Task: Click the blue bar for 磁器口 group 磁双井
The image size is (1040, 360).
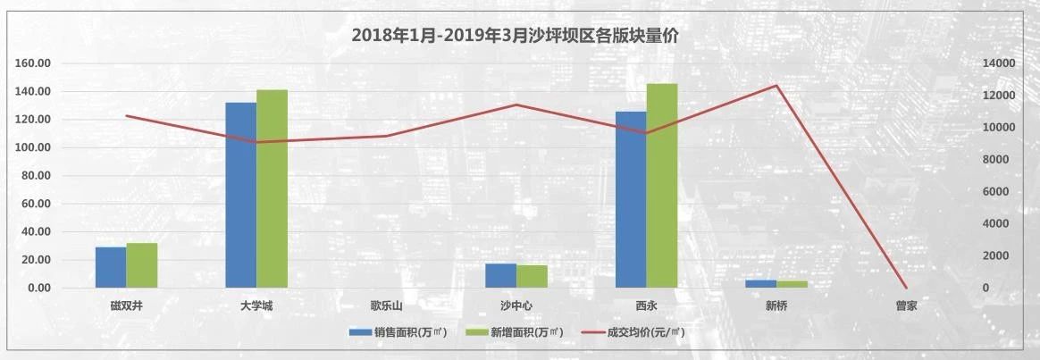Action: [x=111, y=267]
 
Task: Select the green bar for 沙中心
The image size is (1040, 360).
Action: [x=533, y=276]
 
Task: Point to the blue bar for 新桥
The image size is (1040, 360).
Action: [x=760, y=283]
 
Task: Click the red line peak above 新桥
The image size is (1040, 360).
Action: [x=776, y=86]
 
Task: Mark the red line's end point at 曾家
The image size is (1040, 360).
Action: [x=906, y=288]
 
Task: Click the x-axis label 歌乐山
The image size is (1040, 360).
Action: [x=387, y=306]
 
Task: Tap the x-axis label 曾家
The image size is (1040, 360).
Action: [x=906, y=306]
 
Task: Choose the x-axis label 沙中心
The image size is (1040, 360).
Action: [x=516, y=306]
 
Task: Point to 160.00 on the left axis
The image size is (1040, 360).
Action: [x=33, y=64]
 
